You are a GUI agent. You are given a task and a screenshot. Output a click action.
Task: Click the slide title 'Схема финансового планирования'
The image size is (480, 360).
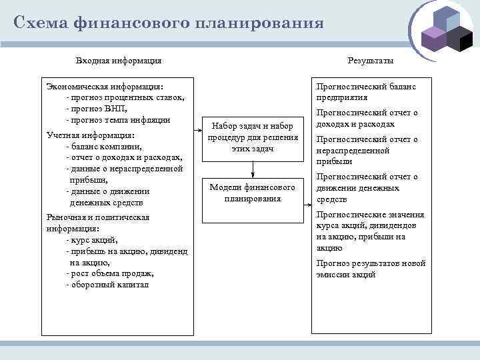(x=169, y=23)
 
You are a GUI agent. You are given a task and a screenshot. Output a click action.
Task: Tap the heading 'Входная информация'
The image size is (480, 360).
(x=119, y=61)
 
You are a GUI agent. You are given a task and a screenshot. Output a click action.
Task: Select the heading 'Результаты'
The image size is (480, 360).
(x=370, y=61)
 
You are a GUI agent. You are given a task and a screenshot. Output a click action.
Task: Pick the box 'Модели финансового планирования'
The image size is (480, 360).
(x=252, y=193)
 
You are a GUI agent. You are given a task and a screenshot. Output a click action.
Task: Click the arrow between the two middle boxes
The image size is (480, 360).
(x=252, y=168)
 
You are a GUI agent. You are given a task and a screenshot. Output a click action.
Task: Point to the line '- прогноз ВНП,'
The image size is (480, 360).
(x=97, y=108)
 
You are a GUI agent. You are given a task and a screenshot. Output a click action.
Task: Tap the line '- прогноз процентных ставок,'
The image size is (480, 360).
(x=125, y=97)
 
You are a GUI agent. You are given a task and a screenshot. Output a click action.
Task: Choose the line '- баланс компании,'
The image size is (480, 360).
(x=104, y=147)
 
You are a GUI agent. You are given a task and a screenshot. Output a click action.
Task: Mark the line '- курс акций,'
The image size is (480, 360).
(x=93, y=239)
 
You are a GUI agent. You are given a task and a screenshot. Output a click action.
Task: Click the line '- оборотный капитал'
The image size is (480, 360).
(x=108, y=285)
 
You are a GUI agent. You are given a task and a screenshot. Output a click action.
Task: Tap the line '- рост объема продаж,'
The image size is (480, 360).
(x=110, y=273)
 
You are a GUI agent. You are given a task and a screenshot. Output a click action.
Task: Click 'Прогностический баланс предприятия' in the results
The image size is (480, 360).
(x=366, y=91)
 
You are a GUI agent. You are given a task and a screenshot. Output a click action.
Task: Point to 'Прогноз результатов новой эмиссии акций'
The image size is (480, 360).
(x=371, y=269)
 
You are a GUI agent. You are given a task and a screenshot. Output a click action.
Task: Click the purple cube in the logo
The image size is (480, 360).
(x=433, y=39)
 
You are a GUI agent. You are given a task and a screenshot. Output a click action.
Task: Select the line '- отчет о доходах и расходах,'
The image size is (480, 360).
(x=125, y=157)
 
